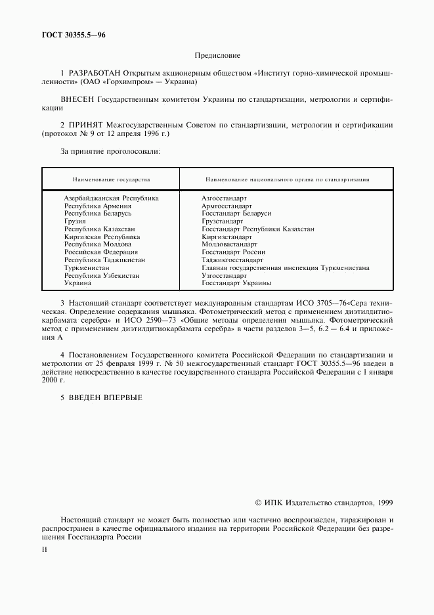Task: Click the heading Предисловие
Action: (217, 57)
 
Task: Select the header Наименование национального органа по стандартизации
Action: (287, 179)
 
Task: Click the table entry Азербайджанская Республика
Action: (111, 198)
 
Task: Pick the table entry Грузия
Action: (75, 221)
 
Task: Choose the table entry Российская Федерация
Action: (100, 252)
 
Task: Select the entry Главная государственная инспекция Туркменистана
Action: (285, 268)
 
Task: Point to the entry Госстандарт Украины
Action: (236, 283)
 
